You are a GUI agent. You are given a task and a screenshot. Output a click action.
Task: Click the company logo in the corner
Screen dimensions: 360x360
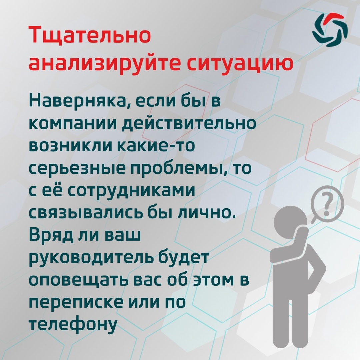(x=330, y=30)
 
